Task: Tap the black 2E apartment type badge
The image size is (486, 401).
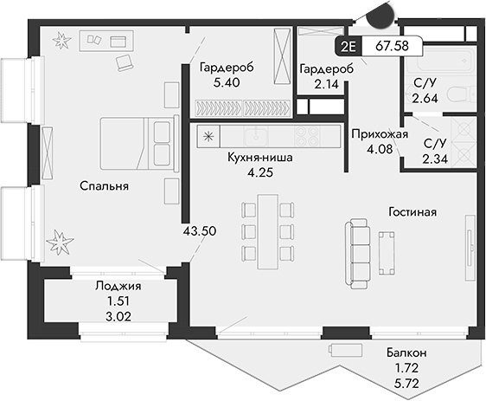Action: coord(348,47)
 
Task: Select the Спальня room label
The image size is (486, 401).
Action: coord(105,186)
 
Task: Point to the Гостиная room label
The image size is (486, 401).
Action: coord(411,211)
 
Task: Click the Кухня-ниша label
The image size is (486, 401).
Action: coord(259,158)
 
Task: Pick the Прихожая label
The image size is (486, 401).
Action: coord(374,134)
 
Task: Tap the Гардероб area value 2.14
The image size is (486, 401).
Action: coord(320,84)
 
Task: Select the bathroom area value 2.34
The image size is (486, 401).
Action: coord(435,158)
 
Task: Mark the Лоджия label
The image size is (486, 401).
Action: coord(118,286)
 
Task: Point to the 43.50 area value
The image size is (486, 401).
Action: coord(200,231)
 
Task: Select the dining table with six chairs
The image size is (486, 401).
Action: coord(267,230)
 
